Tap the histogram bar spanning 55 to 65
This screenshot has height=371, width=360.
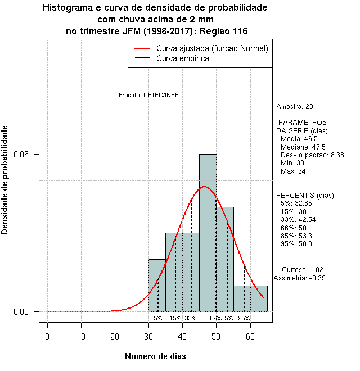(x=250, y=298)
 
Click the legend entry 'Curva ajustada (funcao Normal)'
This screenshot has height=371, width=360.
(x=212, y=48)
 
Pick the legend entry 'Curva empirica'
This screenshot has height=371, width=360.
(x=183, y=58)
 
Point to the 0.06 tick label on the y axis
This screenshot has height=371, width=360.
(x=29, y=155)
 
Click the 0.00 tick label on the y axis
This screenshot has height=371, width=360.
(x=29, y=312)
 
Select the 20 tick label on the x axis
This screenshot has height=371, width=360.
(x=115, y=336)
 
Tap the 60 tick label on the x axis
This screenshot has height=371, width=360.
(x=250, y=336)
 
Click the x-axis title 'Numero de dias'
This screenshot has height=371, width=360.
(x=155, y=356)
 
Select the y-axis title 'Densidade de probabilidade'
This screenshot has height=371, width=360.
(x=6, y=180)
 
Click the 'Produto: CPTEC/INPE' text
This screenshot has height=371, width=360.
(x=148, y=95)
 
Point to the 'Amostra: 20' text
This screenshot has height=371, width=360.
(x=295, y=107)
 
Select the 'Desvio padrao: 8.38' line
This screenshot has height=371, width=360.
(x=312, y=155)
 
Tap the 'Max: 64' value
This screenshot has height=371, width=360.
(x=293, y=171)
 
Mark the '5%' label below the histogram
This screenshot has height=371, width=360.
(x=157, y=318)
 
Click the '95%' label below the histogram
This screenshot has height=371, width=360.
(x=244, y=318)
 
